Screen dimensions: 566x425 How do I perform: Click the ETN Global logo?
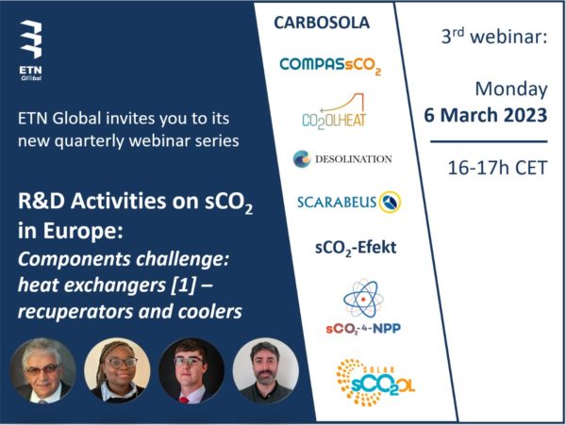click(31, 51)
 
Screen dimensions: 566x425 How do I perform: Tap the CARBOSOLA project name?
click(322, 23)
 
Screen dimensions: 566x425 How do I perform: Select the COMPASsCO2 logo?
click(330, 66)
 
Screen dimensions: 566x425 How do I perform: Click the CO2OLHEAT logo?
click(334, 110)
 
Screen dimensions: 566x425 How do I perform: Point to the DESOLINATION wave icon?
click(302, 158)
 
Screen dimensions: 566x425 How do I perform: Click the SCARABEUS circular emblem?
click(390, 202)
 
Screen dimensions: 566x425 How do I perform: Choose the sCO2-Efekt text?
click(356, 248)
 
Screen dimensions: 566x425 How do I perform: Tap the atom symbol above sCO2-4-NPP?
click(363, 299)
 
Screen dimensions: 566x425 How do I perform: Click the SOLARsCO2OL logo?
click(375, 382)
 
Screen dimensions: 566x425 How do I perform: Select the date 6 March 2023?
click(486, 115)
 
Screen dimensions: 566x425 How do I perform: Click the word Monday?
click(511, 90)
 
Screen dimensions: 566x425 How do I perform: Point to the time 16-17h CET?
click(497, 168)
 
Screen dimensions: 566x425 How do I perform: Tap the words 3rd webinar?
click(494, 37)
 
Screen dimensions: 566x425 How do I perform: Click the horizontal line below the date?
click(489, 141)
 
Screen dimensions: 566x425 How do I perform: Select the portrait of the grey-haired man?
click(43, 370)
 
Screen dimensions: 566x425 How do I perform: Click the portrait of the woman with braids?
click(117, 370)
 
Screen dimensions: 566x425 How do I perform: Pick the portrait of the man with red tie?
click(191, 370)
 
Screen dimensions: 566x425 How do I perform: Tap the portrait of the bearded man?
click(266, 370)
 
